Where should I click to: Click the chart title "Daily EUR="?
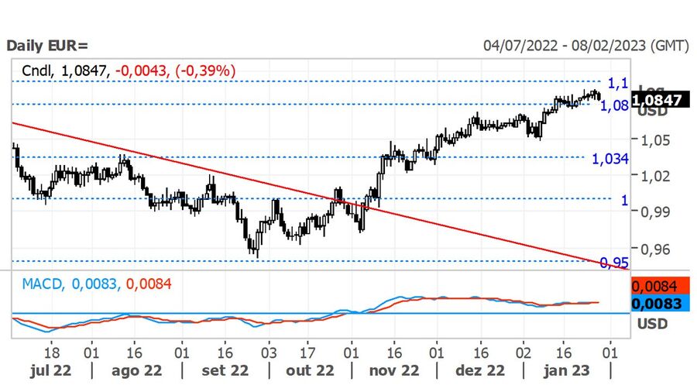tap(47, 46)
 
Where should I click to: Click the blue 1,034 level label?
tap(609, 159)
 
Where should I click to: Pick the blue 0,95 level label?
tap(615, 263)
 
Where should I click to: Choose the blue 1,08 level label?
tap(615, 105)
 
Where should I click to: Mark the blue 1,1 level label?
tap(617, 83)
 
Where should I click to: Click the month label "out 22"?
tap(310, 371)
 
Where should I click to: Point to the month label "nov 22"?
tap(394, 371)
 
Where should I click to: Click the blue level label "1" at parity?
tap(624, 200)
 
